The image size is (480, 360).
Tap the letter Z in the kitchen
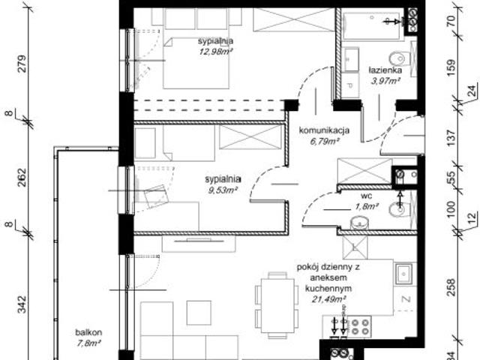405,300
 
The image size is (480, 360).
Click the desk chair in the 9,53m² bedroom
156,197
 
